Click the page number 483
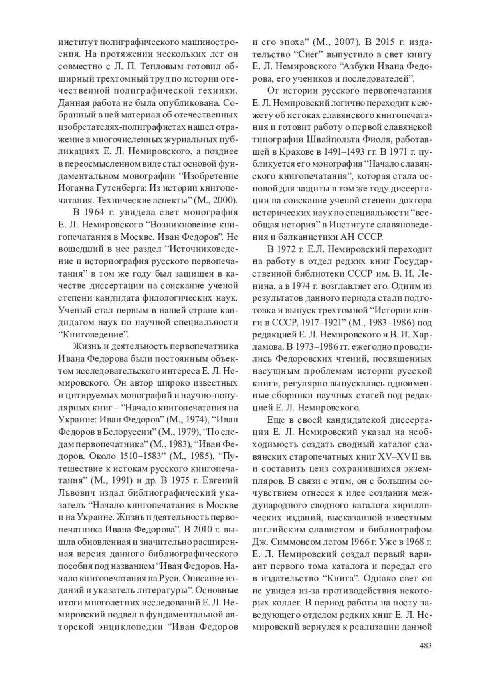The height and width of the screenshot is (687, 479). [426, 645]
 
